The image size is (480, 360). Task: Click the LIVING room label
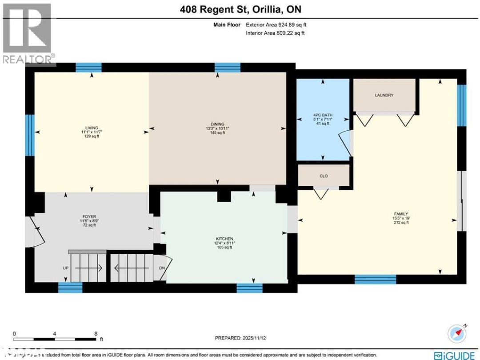[92, 128]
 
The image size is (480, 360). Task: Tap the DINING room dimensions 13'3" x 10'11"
[218, 128]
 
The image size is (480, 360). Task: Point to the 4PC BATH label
[323, 115]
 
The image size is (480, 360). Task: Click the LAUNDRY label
[384, 95]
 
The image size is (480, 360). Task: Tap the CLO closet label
[324, 176]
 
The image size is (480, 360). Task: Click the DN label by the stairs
[162, 268]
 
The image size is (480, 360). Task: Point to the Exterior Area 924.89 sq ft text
[276, 25]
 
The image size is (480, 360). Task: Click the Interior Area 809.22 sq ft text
[276, 33]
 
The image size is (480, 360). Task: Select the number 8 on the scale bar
[96, 333]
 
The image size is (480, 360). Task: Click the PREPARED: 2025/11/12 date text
[240, 338]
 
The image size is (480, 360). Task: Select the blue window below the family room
[375, 280]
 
